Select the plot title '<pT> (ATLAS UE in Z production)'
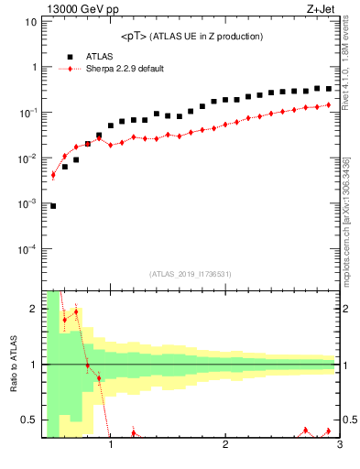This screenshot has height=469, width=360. [x=191, y=37]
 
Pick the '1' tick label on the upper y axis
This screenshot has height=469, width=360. [x=33, y=68]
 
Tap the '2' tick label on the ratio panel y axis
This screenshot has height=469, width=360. [x=33, y=309]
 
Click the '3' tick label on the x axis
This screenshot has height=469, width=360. [x=339, y=446]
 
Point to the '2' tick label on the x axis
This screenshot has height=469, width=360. [x=225, y=446]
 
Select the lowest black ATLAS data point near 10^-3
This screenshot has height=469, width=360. [x=53, y=206]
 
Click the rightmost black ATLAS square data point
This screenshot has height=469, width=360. [x=329, y=89]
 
